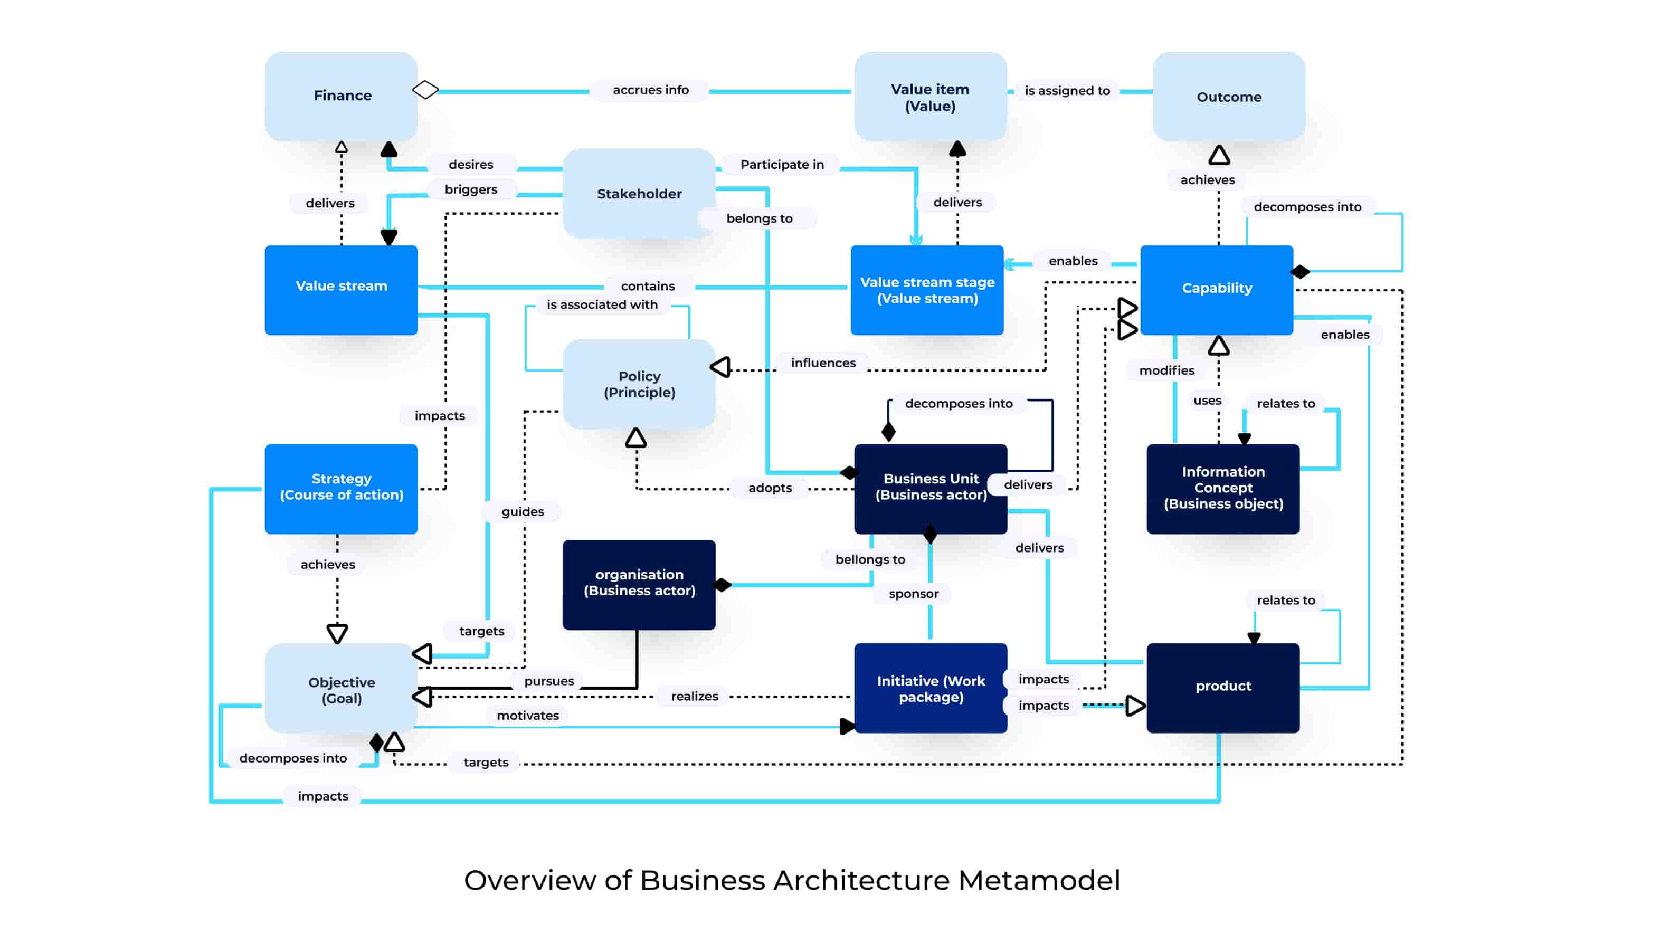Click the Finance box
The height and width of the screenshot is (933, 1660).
[342, 96]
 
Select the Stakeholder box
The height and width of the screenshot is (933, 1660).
[638, 193]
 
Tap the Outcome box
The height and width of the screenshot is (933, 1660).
[1228, 97]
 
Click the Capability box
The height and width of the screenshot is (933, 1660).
[1216, 289]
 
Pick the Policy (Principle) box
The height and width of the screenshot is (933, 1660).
[639, 384]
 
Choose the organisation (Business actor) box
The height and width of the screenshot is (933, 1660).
[639, 583]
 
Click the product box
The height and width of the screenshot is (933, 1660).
[1222, 686]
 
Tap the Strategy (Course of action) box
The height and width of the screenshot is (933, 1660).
[341, 488]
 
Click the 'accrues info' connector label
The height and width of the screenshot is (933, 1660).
[650, 90]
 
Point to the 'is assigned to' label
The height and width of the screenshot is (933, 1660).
[1067, 91]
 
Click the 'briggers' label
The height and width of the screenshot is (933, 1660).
[470, 189]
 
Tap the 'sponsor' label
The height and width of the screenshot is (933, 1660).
[913, 594]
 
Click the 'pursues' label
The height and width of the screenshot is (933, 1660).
[548, 682]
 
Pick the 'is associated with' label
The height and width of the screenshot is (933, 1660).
[602, 305]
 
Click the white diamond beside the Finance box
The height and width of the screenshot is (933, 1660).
[425, 90]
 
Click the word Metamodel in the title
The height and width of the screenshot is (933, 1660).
[1039, 880]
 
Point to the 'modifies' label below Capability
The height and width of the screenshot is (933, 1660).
[1166, 370]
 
